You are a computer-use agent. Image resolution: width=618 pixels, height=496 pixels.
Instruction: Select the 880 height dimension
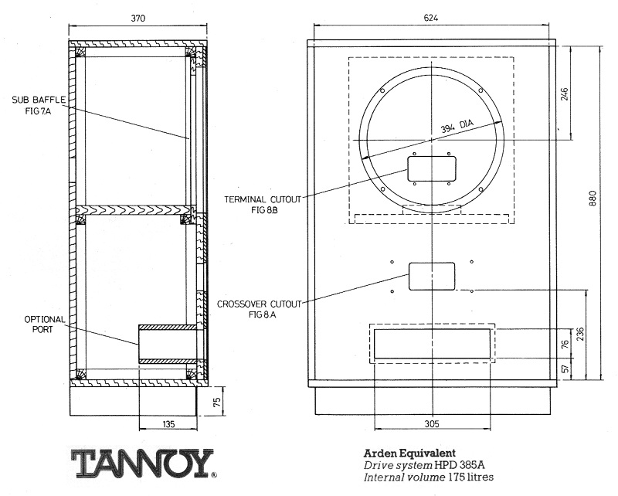pyautogui.click(x=593, y=200)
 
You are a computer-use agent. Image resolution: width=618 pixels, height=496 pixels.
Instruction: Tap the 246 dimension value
pyautogui.click(x=565, y=93)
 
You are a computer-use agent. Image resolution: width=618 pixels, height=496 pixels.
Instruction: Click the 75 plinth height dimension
pyautogui.click(x=217, y=401)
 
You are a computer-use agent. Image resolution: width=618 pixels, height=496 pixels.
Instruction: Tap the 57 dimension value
pyautogui.click(x=565, y=369)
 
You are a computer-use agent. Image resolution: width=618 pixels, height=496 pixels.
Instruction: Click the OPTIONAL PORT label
pyautogui.click(x=45, y=324)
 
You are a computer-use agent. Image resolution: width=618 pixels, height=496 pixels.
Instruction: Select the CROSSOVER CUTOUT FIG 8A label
pyautogui.click(x=251, y=307)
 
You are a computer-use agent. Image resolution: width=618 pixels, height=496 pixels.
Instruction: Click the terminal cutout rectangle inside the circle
pyautogui.click(x=432, y=168)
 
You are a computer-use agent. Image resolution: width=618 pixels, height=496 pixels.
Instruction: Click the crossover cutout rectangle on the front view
pyautogui.click(x=431, y=276)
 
